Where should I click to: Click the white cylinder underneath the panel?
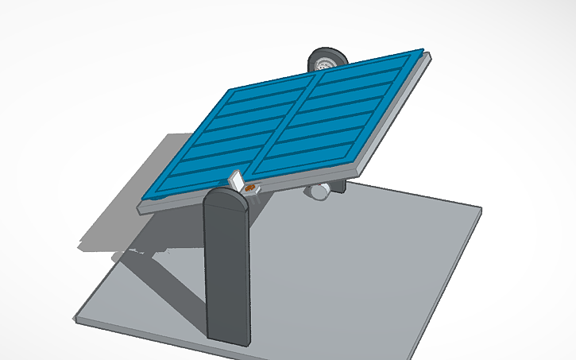pos(319,191)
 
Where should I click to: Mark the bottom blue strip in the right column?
pos(314,163)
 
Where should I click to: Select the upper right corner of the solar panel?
pos(421,52)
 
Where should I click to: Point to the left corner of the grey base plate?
pos(77,319)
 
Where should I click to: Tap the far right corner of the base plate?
pos(480,209)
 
